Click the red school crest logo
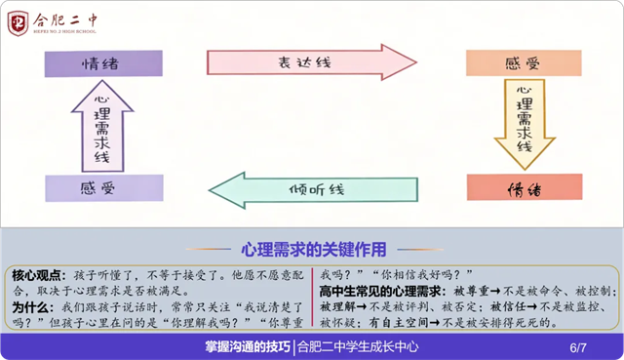(x=18, y=23)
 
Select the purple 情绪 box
(x=103, y=63)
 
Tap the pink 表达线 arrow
(x=312, y=62)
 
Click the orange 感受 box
(x=524, y=62)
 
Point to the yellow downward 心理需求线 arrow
(x=525, y=124)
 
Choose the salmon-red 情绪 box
(x=525, y=187)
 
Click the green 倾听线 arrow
(x=313, y=190)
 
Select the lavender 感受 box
(x=104, y=188)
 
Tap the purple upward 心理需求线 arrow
(x=102, y=126)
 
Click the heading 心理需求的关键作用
(x=314, y=250)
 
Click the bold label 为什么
(x=32, y=307)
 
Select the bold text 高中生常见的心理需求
(x=382, y=291)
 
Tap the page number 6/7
(x=578, y=347)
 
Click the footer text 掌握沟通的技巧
(x=248, y=347)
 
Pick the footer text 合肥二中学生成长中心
(x=358, y=347)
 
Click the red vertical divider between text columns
(x=312, y=298)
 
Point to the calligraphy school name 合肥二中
(x=65, y=20)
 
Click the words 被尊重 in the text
(x=471, y=291)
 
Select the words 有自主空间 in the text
(x=399, y=323)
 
